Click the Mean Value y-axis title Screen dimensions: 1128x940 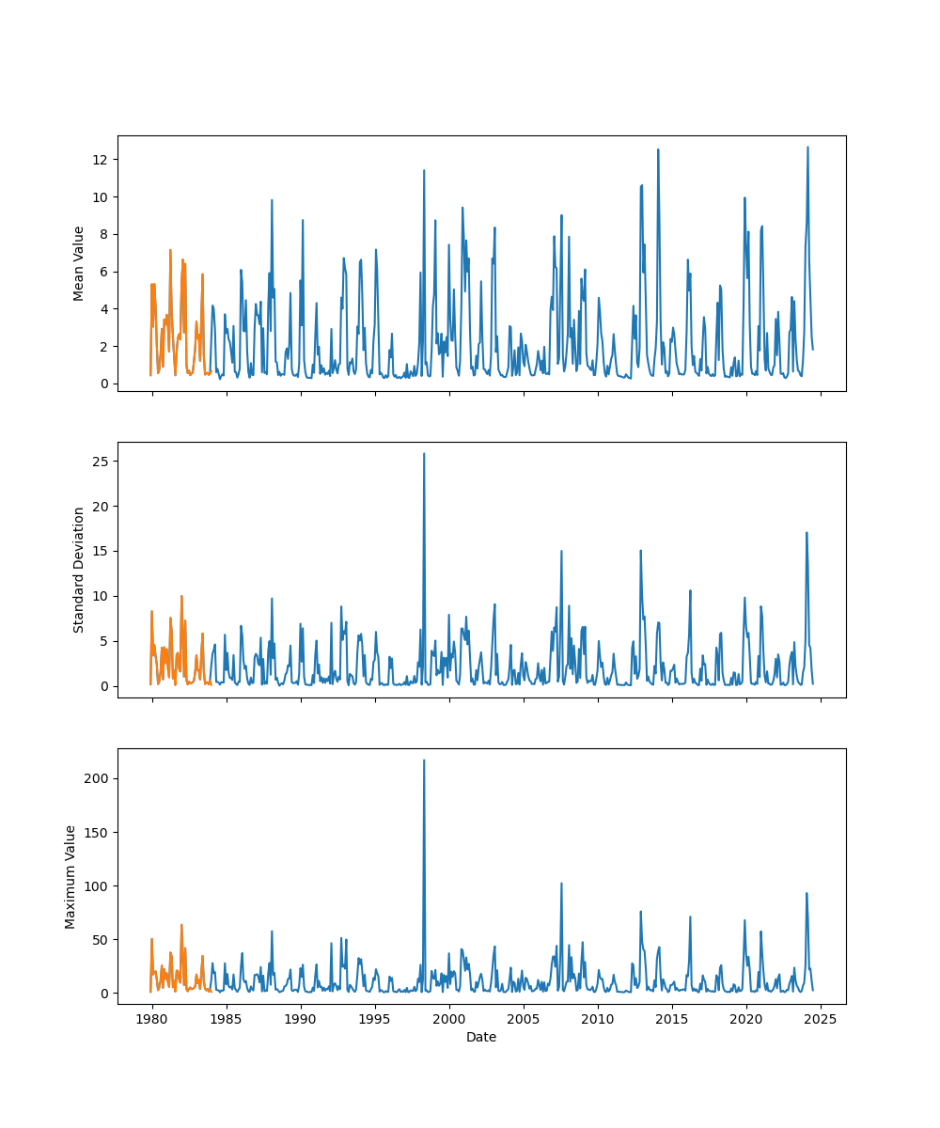click(79, 263)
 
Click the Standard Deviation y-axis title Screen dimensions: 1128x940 click(79, 570)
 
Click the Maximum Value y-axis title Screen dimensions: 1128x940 click(70, 876)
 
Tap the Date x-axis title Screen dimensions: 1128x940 click(481, 1037)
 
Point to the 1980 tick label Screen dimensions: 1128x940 click(152, 1019)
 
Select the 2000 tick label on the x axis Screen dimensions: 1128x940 click(449, 1019)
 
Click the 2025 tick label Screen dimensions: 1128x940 click(821, 1019)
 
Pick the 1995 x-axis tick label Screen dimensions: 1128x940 click(375, 1019)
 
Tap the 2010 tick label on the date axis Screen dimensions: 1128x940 click(598, 1019)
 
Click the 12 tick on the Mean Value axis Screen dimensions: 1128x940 click(98, 160)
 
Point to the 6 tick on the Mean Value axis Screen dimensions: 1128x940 click(102, 272)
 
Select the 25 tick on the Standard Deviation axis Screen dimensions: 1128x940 click(98, 462)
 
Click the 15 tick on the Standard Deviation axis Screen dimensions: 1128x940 click(98, 552)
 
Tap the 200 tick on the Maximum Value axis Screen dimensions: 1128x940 click(92, 778)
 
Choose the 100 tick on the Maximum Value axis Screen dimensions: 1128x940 click(92, 885)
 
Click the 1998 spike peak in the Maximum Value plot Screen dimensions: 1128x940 click(424, 760)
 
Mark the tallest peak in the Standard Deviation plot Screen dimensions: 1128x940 click(424, 454)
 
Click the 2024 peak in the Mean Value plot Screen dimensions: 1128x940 click(807, 148)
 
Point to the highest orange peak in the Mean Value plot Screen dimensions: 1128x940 click(170, 250)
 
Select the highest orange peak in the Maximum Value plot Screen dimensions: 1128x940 click(181, 925)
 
